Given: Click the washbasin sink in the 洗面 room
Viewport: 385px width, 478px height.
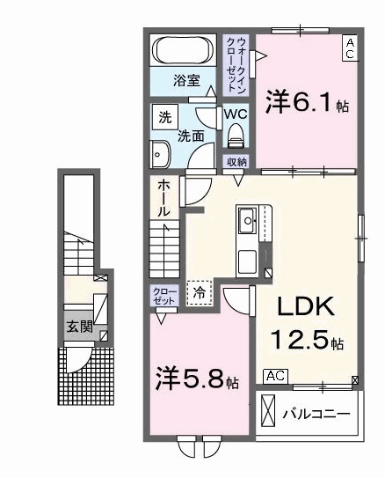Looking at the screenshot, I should (x=159, y=155).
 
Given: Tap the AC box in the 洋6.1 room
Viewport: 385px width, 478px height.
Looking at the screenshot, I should (x=349, y=47).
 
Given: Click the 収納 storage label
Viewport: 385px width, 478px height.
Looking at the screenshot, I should (x=236, y=161).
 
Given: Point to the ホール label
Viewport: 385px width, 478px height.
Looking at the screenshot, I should (x=164, y=199).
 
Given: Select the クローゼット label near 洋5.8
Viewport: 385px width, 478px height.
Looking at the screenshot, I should (x=164, y=295).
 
